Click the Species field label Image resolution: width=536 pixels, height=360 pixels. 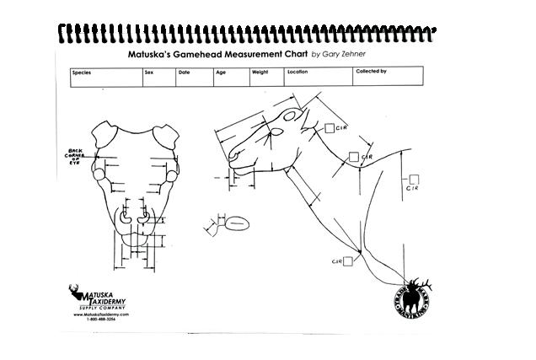[x=83, y=73]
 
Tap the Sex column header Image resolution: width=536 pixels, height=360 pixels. [x=149, y=73]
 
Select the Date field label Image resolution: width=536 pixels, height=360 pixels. [x=185, y=73]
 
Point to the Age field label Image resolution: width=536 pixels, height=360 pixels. [x=221, y=73]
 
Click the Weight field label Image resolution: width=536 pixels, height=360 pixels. [x=260, y=73]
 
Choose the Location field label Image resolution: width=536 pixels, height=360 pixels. [x=297, y=73]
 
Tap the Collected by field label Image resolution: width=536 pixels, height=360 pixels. [x=371, y=72]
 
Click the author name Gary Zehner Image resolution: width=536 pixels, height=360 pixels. [x=345, y=54]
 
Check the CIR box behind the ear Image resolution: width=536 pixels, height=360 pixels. [x=330, y=128]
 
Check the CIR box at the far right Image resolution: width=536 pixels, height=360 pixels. [x=414, y=179]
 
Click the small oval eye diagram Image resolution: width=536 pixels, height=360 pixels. [x=237, y=224]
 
